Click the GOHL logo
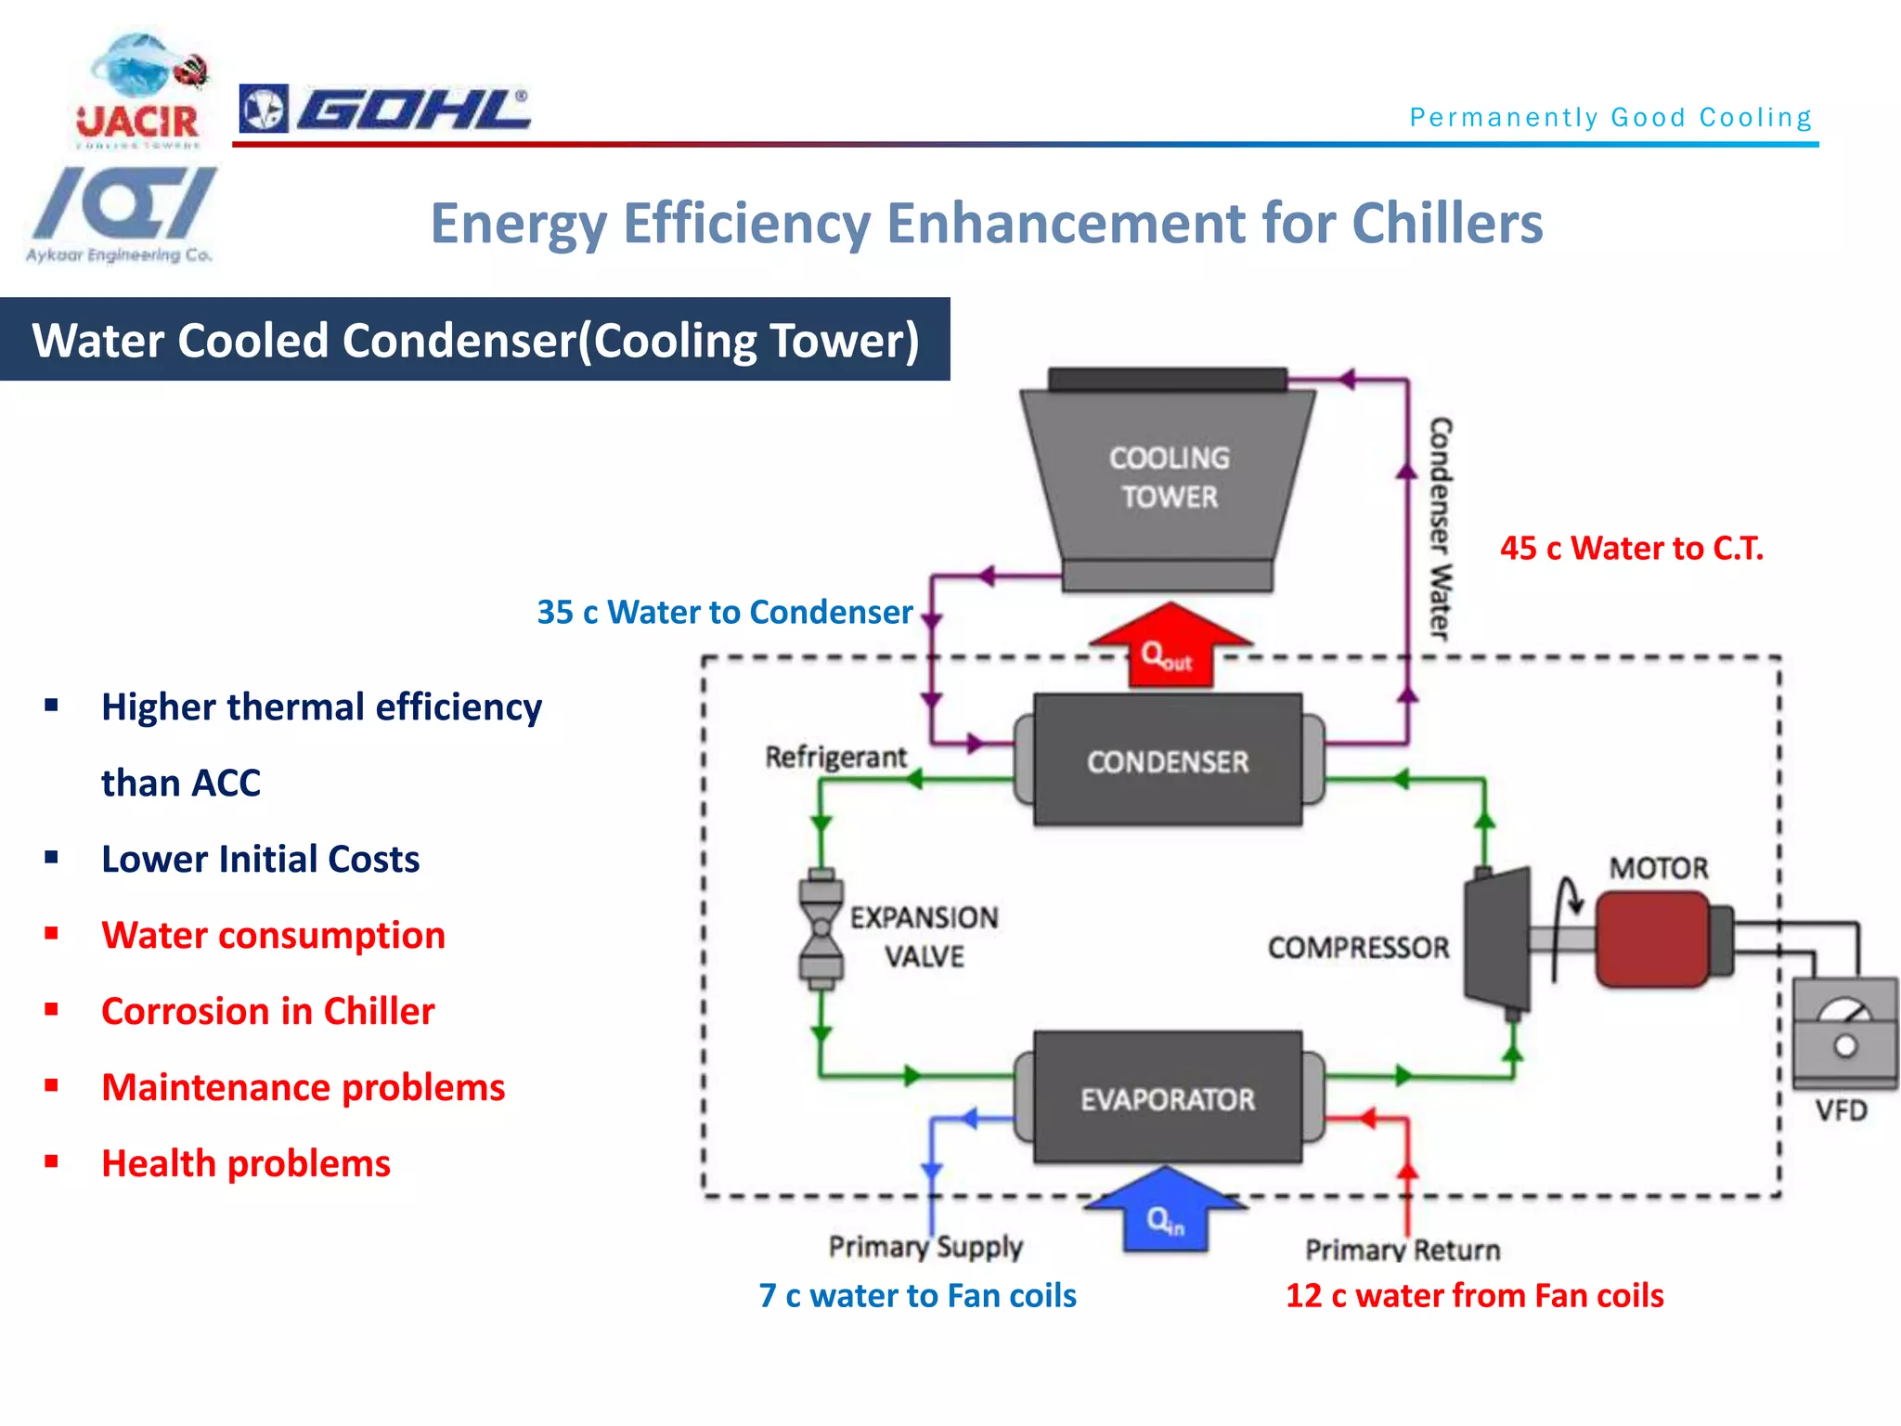(385, 110)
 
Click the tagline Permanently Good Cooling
(1610, 118)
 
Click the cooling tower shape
(1168, 478)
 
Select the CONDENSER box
(1168, 760)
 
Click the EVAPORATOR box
(1168, 1098)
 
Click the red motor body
(1652, 940)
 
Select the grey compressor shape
(1497, 940)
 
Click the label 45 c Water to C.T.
(1631, 549)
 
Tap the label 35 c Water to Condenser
(724, 613)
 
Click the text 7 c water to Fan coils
(917, 1295)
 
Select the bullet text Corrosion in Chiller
(267, 1011)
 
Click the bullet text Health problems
(246, 1163)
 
